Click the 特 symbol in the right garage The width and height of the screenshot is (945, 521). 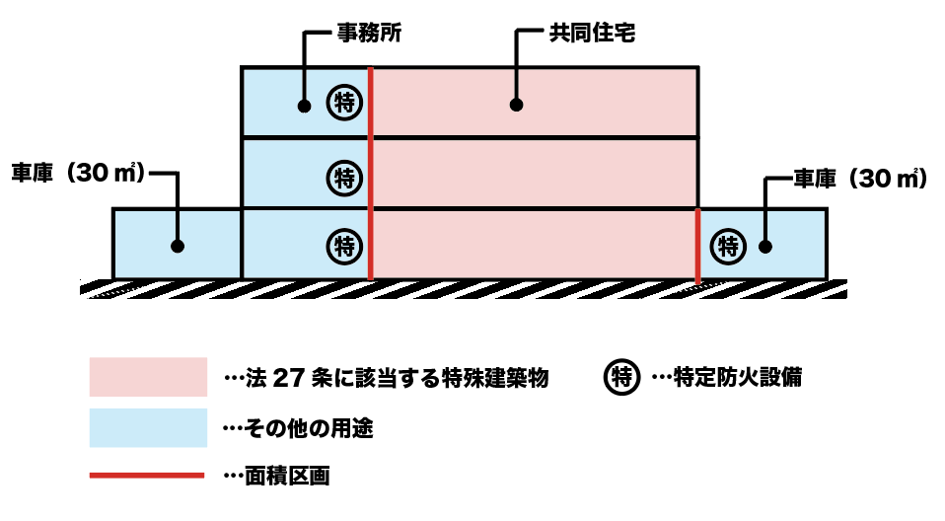click(x=730, y=243)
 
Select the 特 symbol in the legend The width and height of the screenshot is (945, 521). click(x=621, y=377)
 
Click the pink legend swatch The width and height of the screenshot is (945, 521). click(x=148, y=377)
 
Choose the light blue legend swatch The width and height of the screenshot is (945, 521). click(x=148, y=427)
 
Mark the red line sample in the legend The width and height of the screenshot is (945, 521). click(x=148, y=477)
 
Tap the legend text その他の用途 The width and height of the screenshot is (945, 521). click(x=307, y=428)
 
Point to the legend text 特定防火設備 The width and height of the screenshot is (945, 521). click(x=734, y=377)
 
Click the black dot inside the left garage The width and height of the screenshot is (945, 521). click(x=178, y=246)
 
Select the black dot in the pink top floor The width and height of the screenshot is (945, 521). click(x=515, y=104)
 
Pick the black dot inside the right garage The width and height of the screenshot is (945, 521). click(x=765, y=246)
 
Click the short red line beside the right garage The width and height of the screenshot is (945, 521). click(x=697, y=246)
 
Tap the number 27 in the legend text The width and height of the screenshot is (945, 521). click(x=287, y=378)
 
